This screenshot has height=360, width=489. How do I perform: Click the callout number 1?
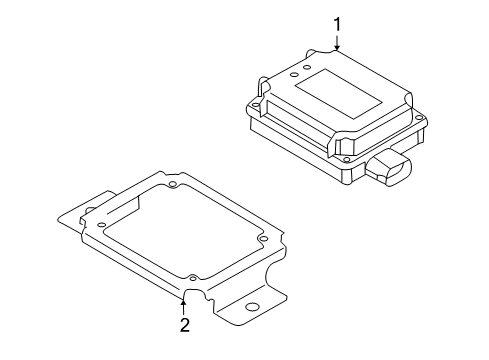pos(337,25)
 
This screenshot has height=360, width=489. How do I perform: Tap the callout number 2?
pos(185,325)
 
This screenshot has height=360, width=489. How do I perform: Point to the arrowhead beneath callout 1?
pos(337,47)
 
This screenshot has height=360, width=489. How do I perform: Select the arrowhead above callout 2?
pos(183,303)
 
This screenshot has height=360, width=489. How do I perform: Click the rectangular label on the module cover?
pos(338,93)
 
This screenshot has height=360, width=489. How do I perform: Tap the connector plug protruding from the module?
pos(389,167)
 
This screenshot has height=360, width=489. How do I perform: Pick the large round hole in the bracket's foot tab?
pos(251,307)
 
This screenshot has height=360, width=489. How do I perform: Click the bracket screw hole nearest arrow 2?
pos(193,277)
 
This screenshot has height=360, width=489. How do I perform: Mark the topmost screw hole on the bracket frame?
pos(172,184)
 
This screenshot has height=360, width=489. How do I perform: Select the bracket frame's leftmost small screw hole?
pos(102,225)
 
